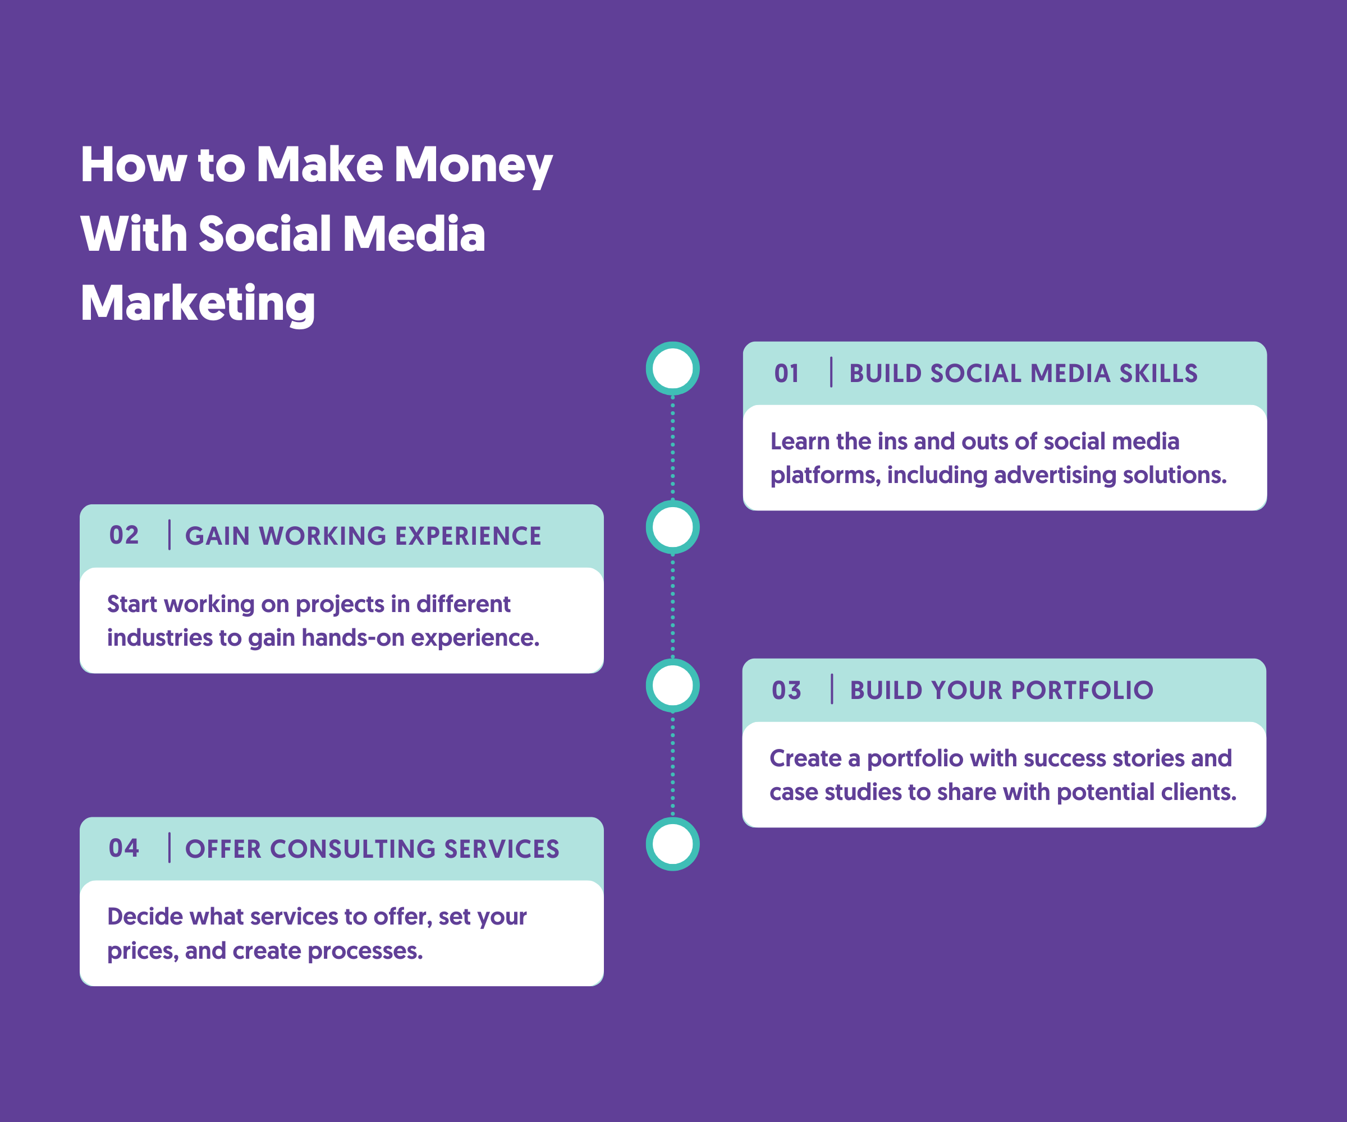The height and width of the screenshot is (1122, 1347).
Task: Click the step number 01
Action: coord(786,373)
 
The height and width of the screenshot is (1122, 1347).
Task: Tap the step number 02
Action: coord(124,535)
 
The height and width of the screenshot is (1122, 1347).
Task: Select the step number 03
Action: coord(786,691)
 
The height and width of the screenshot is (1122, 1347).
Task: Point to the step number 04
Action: coord(124,848)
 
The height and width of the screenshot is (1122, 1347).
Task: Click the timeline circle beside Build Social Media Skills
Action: coord(672,346)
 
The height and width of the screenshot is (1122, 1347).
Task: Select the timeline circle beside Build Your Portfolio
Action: coord(672,664)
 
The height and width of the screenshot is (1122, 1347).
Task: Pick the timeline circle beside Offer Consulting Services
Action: coord(672,822)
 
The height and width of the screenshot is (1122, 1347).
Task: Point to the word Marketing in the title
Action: coord(198,304)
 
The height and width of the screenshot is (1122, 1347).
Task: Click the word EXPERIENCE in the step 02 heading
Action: coord(468,536)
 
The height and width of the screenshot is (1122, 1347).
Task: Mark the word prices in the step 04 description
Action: coord(143,951)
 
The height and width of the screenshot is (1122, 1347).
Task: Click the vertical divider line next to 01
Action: coord(831,373)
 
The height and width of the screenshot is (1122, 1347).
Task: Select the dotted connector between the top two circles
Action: coord(672,448)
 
